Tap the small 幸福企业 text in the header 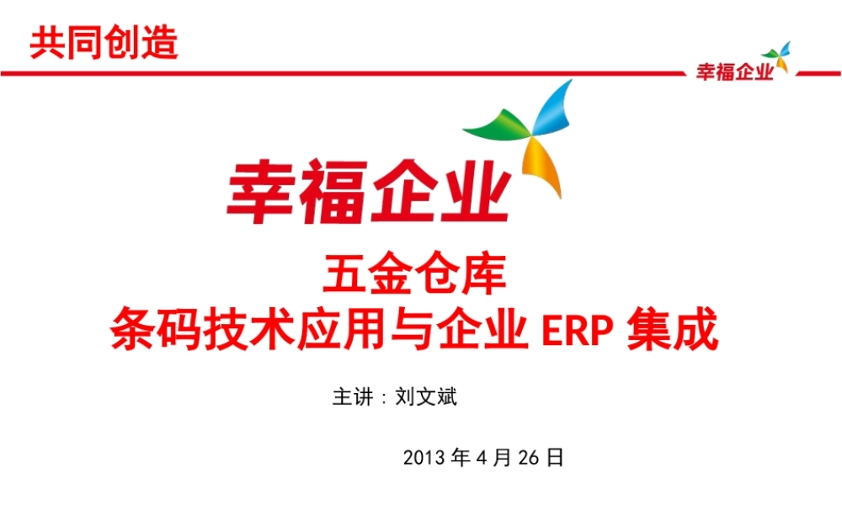pyautogui.click(x=733, y=73)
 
